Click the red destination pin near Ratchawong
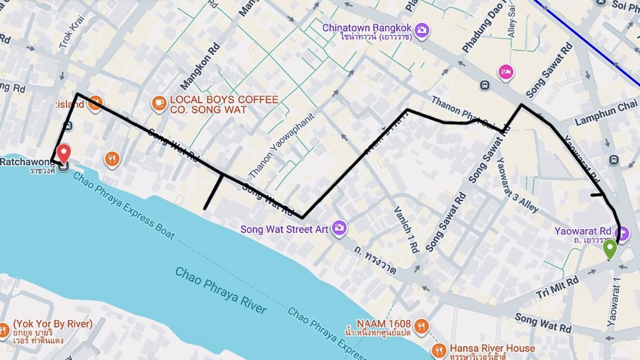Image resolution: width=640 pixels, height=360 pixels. point(64,154)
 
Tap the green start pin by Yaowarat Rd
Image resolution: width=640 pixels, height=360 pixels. point(610,249)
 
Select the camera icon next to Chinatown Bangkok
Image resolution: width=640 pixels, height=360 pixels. point(422,29)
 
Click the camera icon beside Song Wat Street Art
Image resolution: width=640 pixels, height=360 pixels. point(339,228)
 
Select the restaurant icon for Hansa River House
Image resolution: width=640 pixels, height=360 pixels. point(439,349)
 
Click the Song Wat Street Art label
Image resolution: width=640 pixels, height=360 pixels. point(284,229)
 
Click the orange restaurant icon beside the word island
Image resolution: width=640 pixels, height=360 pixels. point(95,104)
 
